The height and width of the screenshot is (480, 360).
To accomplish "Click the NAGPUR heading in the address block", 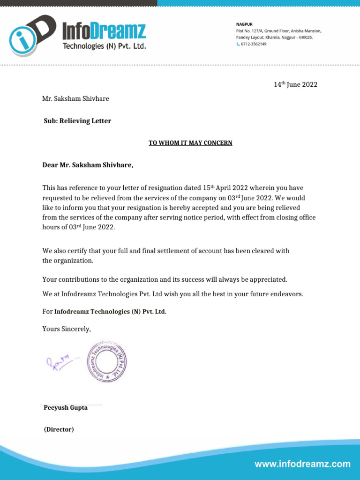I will [244, 24].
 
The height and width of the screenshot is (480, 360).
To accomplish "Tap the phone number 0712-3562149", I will [254, 44].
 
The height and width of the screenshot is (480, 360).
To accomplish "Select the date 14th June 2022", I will [295, 85].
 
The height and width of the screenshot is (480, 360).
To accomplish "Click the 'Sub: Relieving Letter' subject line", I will [77, 121].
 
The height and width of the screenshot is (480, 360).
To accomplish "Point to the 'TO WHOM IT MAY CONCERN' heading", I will [190, 143].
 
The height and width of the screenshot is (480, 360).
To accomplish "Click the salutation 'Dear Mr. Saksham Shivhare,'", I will [88, 165].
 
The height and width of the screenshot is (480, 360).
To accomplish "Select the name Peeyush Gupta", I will [66, 408].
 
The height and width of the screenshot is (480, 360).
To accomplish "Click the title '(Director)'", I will [59, 429].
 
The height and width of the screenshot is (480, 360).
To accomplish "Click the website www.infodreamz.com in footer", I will [302, 465].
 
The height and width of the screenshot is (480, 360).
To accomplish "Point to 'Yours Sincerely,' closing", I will [67, 329].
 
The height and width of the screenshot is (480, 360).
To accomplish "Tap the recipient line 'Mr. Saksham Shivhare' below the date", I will [75, 99].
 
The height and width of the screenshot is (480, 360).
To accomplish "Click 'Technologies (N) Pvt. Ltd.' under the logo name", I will [105, 46].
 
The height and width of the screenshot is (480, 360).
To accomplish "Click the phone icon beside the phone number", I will [238, 44].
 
